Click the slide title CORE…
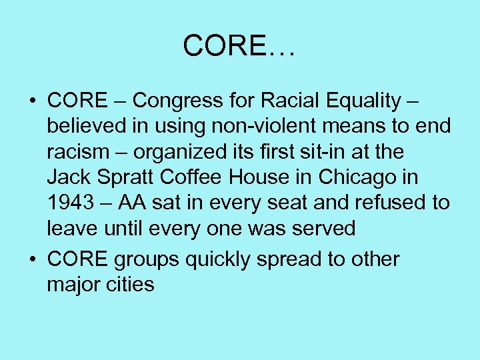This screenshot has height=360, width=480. tap(240, 45)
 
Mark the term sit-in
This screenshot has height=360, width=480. tap(317, 151)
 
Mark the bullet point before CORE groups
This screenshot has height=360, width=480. tap(32, 259)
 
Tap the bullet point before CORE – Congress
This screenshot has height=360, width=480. tap(32, 101)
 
